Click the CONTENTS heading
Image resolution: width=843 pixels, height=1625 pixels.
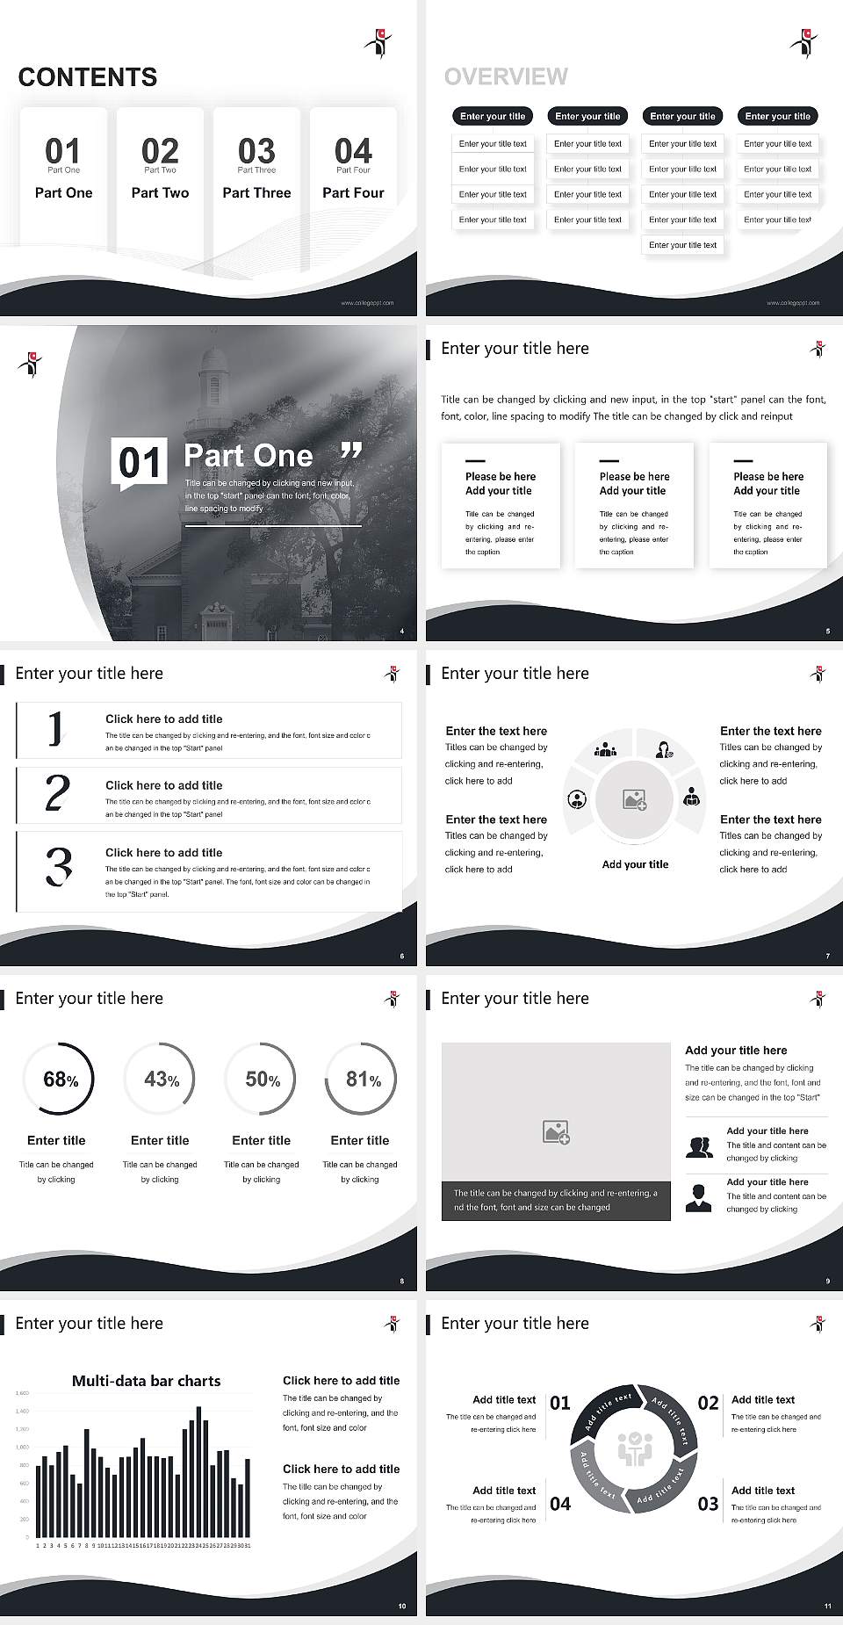[x=88, y=77]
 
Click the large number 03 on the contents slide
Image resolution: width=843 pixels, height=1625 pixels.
[x=256, y=150]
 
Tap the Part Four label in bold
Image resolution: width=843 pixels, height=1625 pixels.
[x=353, y=192]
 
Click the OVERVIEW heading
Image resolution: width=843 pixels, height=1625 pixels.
[x=506, y=77]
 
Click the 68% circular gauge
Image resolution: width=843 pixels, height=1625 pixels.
[x=57, y=1079]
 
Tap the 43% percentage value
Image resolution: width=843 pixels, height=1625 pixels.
[x=161, y=1079]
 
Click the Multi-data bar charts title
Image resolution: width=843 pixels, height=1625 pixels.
[x=146, y=1381]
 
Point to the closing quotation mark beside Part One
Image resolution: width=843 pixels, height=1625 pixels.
[x=350, y=451]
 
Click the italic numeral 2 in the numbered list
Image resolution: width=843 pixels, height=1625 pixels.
[x=57, y=793]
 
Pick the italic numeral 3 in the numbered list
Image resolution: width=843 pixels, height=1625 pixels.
[x=59, y=866]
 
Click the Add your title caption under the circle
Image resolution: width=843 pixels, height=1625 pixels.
[x=635, y=864]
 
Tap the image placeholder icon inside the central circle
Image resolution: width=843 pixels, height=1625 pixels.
[x=635, y=799]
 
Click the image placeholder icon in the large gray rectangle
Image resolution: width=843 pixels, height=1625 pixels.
[x=556, y=1132]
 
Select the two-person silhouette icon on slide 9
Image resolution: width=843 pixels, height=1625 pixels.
[x=699, y=1147]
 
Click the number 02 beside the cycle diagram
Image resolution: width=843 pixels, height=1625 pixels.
[x=708, y=1403]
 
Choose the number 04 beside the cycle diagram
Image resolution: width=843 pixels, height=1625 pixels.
[x=560, y=1504]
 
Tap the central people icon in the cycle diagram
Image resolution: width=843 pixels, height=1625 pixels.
[x=634, y=1449]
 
